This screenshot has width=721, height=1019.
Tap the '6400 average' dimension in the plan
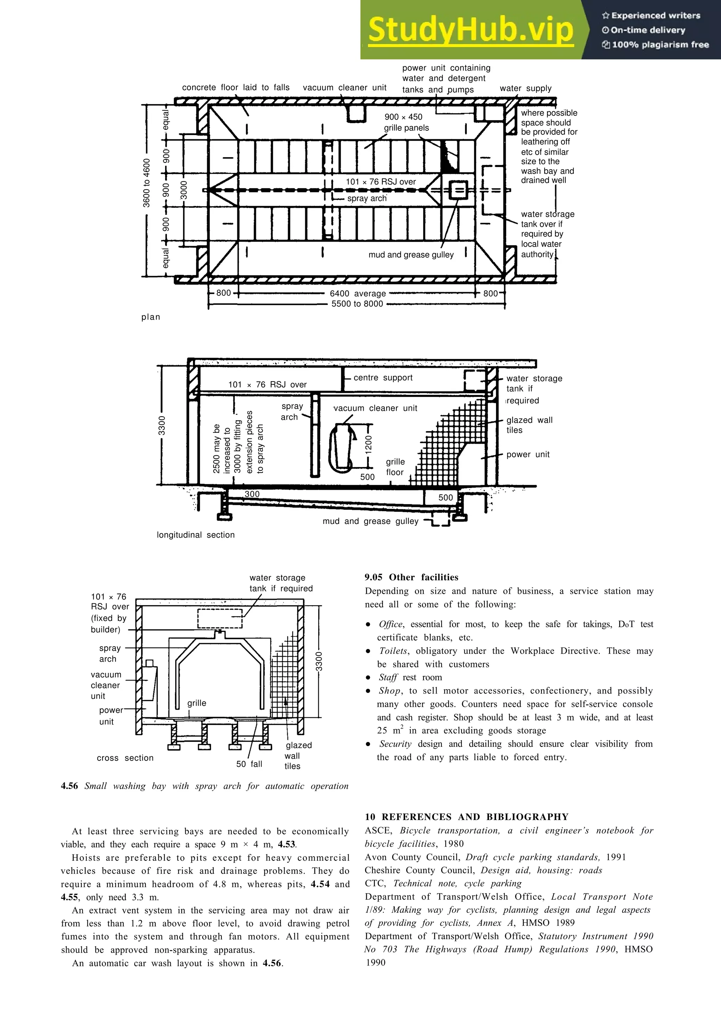(358, 293)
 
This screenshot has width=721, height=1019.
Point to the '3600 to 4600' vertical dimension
(146, 183)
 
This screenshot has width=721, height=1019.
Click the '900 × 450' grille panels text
(403, 117)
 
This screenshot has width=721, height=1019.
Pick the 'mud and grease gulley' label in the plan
(411, 255)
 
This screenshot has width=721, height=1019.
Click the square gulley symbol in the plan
(458, 191)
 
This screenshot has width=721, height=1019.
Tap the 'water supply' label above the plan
(526, 88)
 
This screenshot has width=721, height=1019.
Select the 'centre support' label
(383, 378)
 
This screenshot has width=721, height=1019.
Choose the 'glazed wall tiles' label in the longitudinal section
(529, 425)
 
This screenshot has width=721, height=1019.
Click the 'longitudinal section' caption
(195, 535)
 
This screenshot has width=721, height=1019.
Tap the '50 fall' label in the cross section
(249, 764)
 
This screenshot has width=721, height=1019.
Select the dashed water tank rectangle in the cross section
(220, 618)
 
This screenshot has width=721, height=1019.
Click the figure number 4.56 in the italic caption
(69, 786)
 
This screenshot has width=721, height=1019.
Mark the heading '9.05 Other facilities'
(411, 577)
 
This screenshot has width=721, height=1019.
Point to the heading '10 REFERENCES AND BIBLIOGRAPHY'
(466, 816)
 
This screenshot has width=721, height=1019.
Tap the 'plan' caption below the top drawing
(151, 317)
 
